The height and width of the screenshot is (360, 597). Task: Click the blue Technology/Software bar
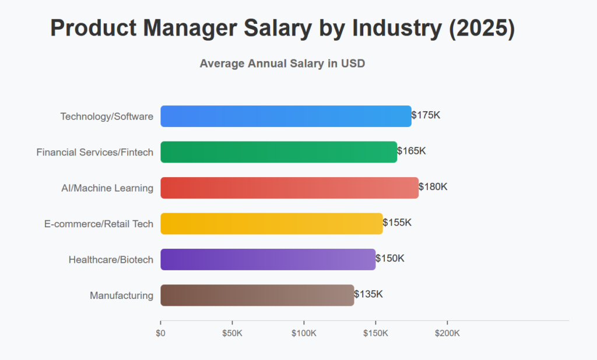pos(286,116)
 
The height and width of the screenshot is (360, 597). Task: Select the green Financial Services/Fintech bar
pos(279,151)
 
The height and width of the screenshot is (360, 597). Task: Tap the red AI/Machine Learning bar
pos(289,188)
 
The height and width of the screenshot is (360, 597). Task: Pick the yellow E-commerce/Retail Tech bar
pos(272,223)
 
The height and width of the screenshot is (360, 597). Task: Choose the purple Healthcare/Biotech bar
pos(268,259)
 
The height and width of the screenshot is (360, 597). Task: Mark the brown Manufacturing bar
pos(257,295)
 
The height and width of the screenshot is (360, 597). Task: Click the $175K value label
pos(426,115)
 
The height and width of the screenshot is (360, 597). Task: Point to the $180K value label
pos(433,187)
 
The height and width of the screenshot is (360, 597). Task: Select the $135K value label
pos(368,294)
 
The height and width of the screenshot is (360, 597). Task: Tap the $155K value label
pos(398,223)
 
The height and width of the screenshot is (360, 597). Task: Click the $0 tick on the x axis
pos(160,333)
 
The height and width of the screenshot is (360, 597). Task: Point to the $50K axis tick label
pos(232,333)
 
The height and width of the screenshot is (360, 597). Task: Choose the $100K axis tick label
pos(304,333)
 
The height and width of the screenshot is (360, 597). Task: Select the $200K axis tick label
pos(447,333)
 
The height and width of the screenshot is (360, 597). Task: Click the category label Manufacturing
pos(121,295)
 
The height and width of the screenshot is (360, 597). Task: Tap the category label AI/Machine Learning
pos(107,188)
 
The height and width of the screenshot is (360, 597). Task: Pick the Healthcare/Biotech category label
pos(111,260)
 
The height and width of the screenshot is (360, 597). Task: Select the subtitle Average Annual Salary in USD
pos(282,63)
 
